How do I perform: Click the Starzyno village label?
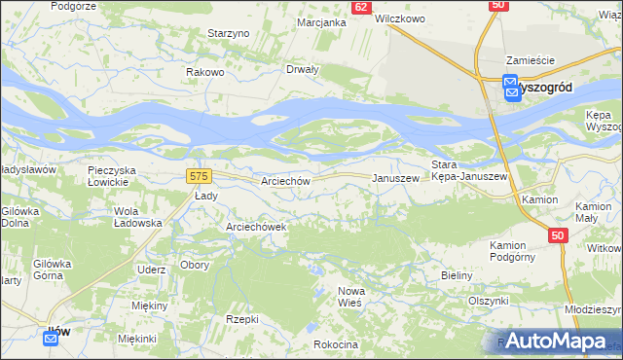(230, 33)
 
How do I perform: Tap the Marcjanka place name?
(322, 21)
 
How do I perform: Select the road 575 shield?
(199, 175)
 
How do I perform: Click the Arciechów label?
(285, 181)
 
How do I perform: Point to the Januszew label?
(396, 179)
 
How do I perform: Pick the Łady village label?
(204, 195)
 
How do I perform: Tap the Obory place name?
(194, 266)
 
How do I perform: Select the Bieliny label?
(456, 275)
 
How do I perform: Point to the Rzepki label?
(241, 319)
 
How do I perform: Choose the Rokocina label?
(337, 344)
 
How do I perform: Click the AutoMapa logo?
(554, 341)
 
